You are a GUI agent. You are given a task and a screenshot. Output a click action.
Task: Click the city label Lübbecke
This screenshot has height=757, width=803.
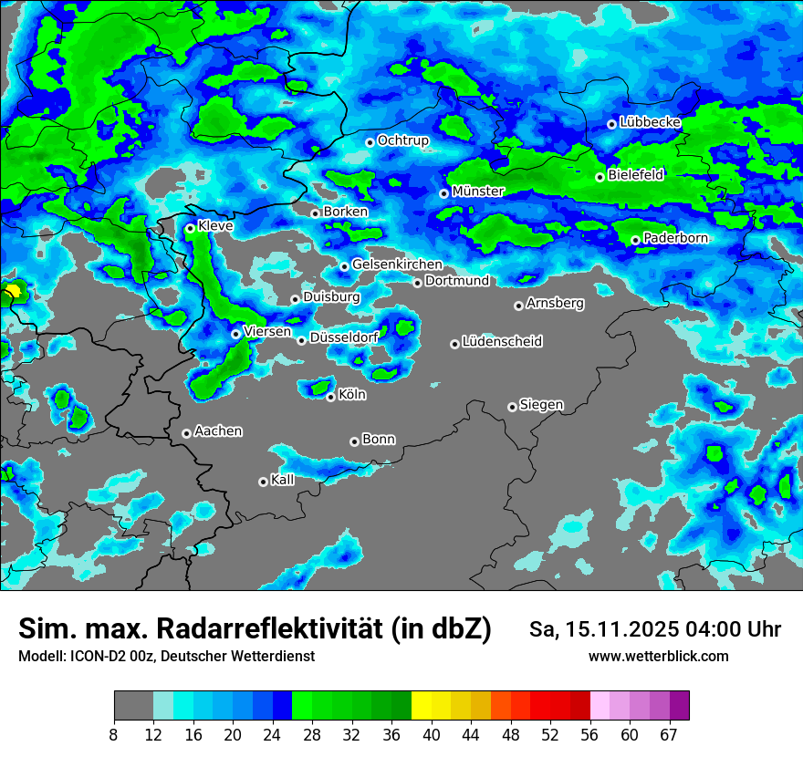[x=650, y=122]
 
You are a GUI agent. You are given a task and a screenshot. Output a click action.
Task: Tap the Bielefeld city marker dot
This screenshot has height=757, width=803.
[x=600, y=177]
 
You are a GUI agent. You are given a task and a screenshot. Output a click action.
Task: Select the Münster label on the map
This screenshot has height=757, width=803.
[x=478, y=192]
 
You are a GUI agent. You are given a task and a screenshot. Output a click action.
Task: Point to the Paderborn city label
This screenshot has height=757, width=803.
[x=675, y=238]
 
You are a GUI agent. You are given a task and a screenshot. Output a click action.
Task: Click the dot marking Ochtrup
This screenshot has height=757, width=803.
[x=370, y=142]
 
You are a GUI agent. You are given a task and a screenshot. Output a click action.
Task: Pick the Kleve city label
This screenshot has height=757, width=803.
[x=215, y=226]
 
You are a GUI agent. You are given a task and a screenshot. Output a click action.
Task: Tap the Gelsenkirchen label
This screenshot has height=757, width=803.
[x=397, y=264]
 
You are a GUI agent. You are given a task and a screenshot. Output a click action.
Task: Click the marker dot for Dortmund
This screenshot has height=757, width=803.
[x=417, y=283]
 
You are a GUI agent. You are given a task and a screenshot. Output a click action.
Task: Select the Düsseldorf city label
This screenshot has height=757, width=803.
[x=344, y=337]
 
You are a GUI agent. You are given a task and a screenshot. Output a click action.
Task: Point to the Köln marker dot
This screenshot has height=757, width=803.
[x=330, y=397]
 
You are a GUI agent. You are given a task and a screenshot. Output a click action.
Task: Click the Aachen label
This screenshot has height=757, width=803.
[x=218, y=430]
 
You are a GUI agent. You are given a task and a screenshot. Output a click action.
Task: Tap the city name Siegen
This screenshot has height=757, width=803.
[x=541, y=404]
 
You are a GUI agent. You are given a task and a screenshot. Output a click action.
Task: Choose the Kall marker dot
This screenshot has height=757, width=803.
[x=263, y=482]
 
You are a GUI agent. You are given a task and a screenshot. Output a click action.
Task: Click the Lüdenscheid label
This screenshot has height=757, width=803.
[x=502, y=342]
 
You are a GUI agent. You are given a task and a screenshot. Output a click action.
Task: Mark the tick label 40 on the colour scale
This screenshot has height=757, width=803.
[x=432, y=735]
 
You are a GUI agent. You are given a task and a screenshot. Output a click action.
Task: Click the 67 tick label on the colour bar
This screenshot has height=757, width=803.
[x=670, y=735]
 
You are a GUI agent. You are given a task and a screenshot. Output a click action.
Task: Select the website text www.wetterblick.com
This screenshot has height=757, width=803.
[x=658, y=657]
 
